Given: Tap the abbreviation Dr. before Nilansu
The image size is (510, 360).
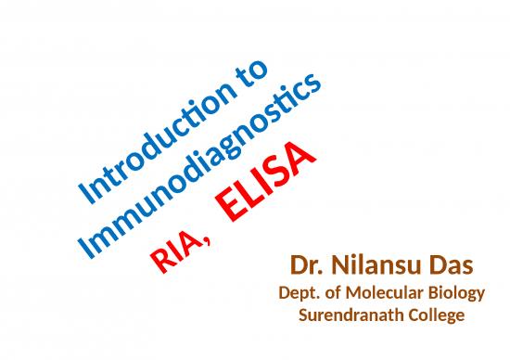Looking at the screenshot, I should click(x=305, y=270).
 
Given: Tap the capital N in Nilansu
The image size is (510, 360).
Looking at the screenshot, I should click(x=335, y=270).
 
